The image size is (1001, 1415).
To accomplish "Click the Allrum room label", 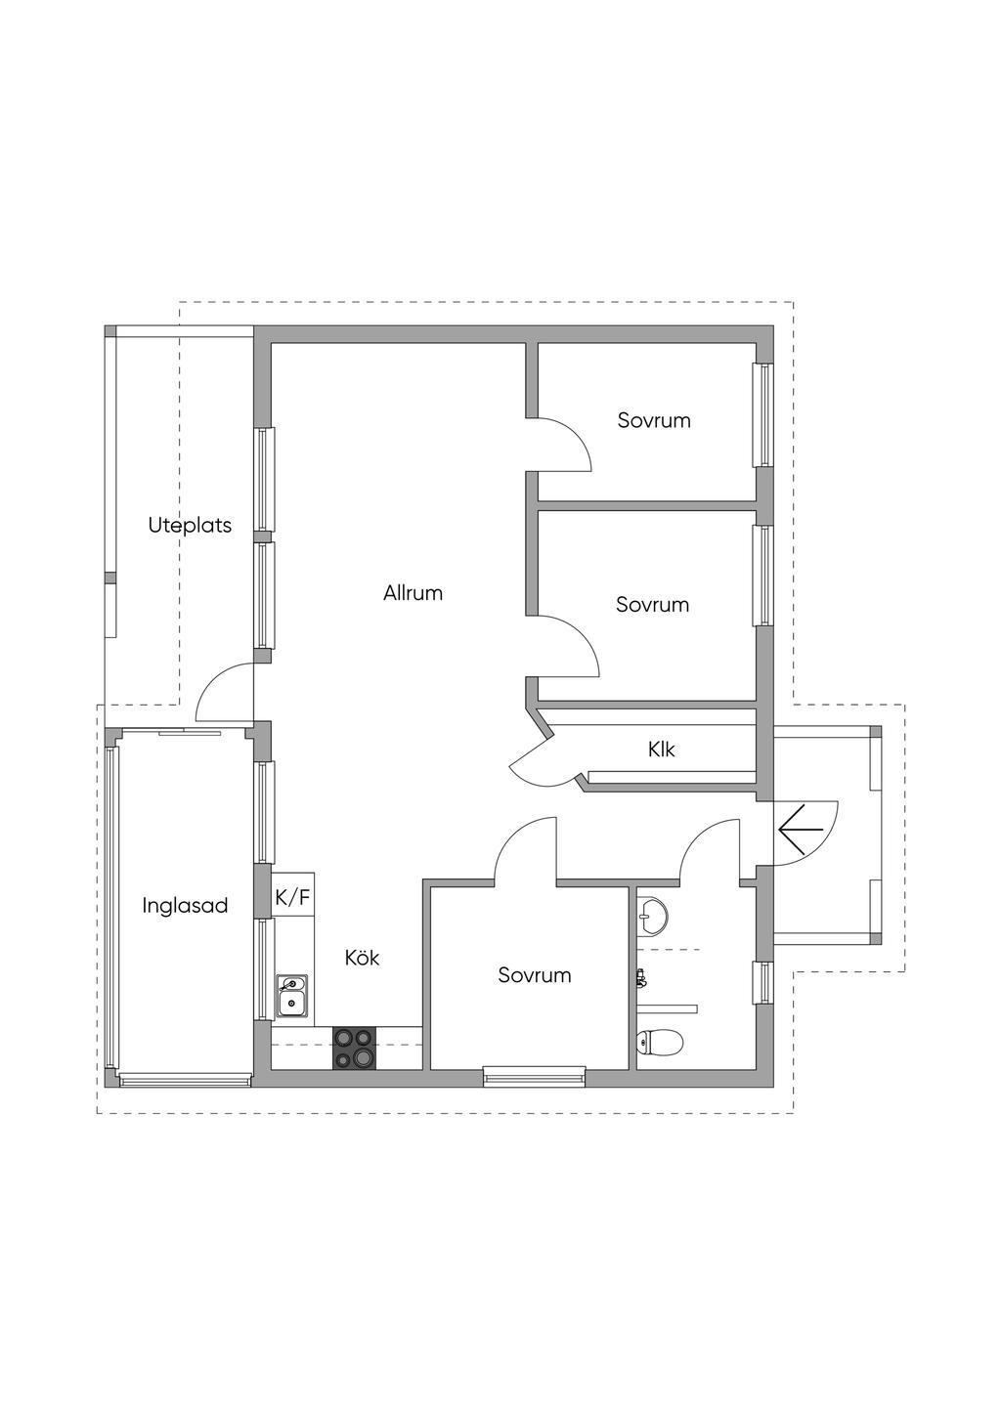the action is coord(413,593).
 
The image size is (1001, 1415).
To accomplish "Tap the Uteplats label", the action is coord(190,525).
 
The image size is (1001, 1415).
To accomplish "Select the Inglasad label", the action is coord(185,905).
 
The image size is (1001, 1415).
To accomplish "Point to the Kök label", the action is coord(362,958).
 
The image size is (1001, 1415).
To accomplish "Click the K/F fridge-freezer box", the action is coord(293,896).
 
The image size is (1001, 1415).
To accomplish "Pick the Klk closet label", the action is coord(661,750).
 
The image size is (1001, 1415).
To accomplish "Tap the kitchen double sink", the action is coord(292,996).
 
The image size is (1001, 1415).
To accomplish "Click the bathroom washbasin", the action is coord(650,914).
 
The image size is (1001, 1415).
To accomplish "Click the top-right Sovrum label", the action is coord(654,420).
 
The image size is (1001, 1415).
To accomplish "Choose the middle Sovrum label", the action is coord(652,605).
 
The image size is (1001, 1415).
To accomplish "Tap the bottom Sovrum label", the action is coord(534,974).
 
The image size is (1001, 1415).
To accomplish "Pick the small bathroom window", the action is coord(764,983).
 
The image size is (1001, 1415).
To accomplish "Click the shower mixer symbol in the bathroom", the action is coord(642,978).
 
